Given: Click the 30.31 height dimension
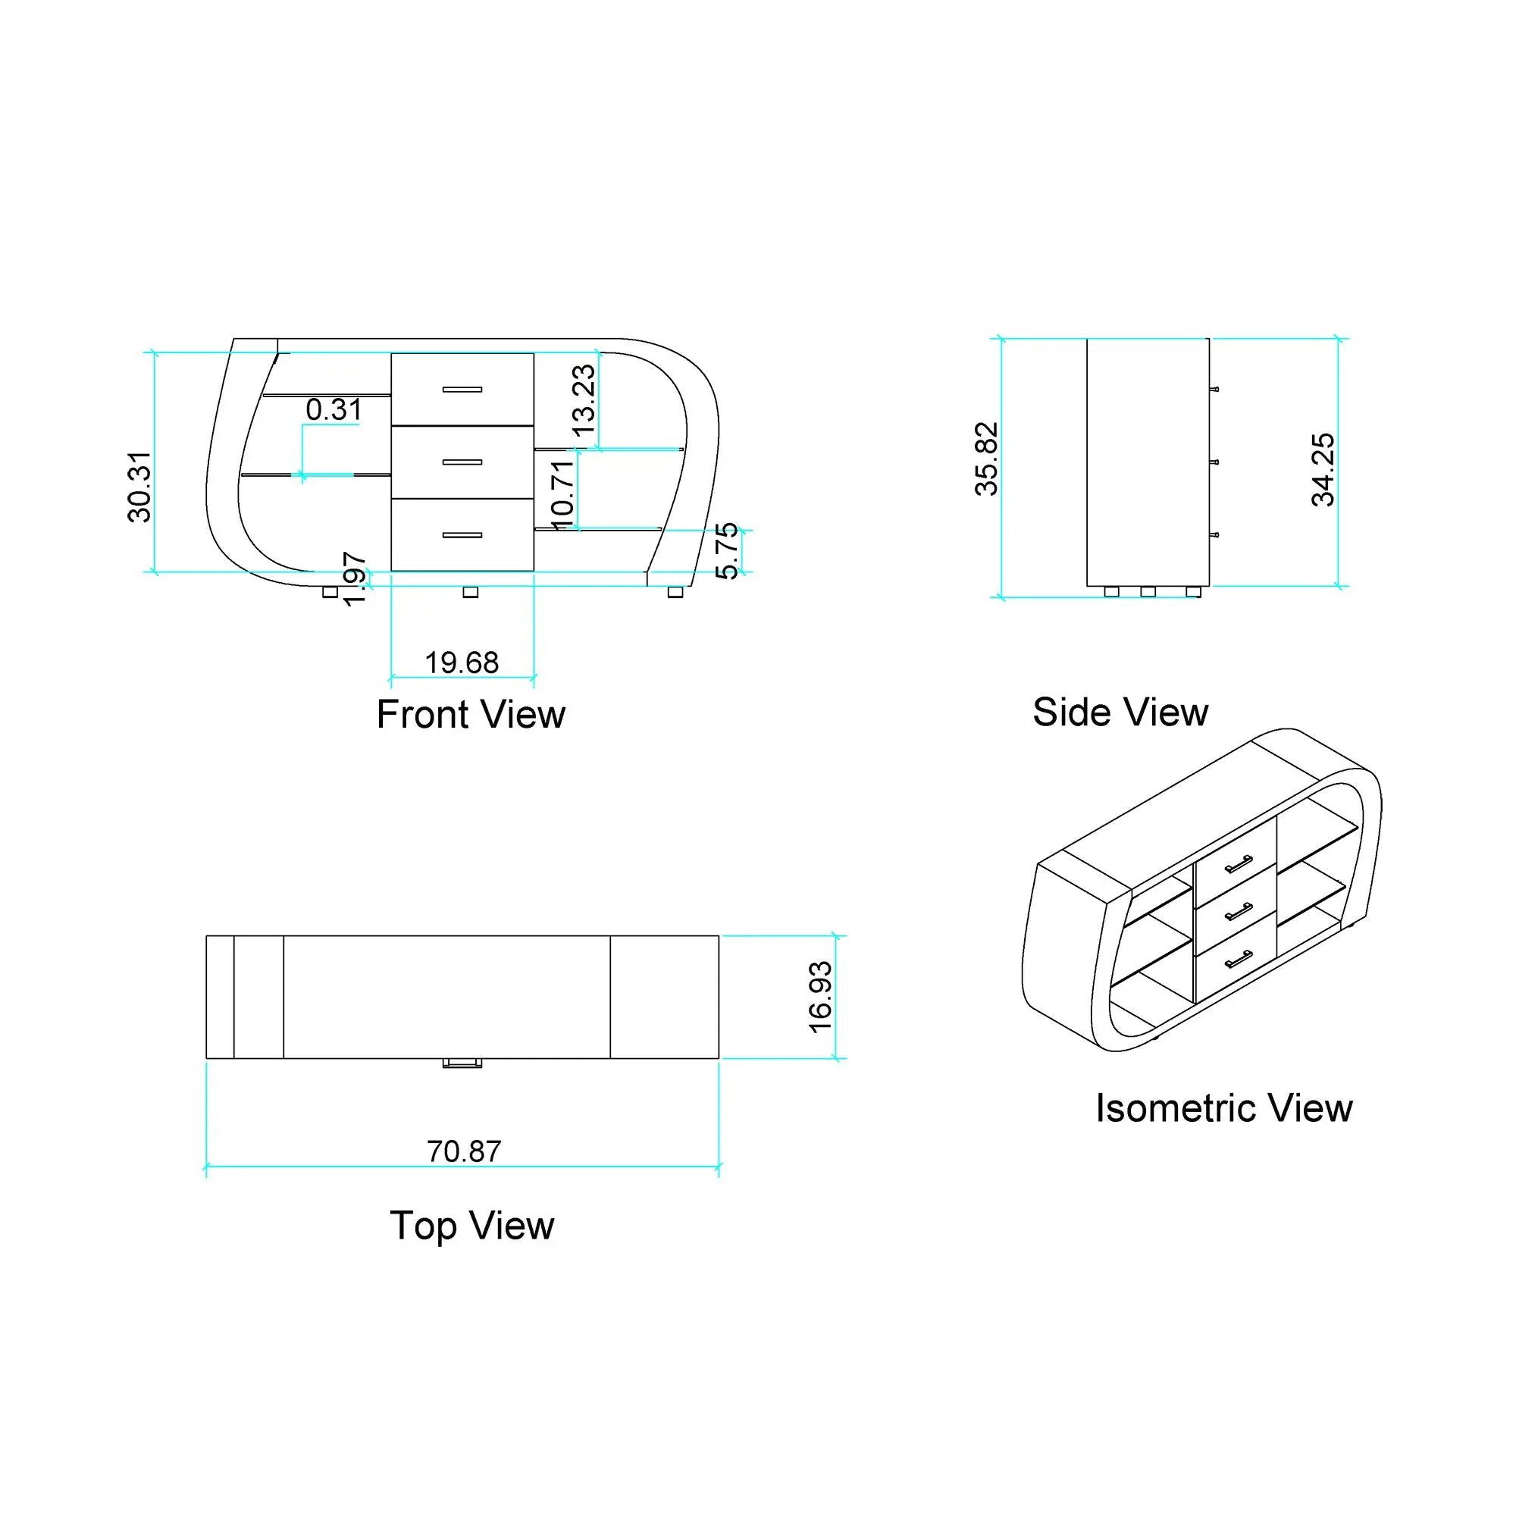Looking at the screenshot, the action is coord(139,487).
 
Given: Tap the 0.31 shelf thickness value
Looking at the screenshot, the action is coord(334,409).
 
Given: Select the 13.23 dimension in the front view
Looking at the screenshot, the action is coord(584,401).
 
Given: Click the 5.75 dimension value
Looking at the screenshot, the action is coord(728,551).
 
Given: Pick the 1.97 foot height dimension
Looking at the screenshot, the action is coord(355,579).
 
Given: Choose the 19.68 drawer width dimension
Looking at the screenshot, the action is coord(462,663).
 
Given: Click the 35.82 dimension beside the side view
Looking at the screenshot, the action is coord(986,459).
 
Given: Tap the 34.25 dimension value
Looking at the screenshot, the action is coord(1323,469).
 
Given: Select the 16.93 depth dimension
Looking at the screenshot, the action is coord(820,998).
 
